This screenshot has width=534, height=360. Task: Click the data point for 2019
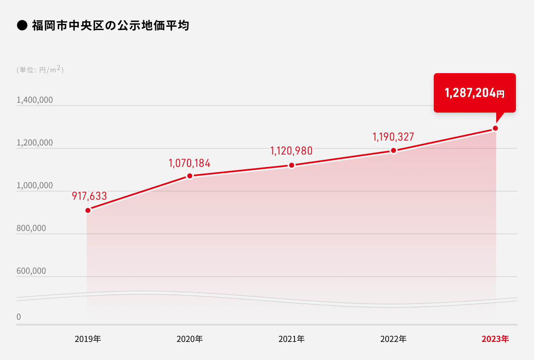(88, 210)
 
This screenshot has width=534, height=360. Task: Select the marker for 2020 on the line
(190, 176)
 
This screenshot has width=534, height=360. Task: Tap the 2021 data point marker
(292, 165)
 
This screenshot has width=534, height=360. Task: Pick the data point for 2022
(394, 150)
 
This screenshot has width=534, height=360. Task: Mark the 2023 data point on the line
(495, 128)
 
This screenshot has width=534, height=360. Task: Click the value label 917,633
(90, 196)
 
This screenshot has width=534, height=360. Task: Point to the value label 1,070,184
(189, 163)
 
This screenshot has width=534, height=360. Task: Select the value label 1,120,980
(291, 151)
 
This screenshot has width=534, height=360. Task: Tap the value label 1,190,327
(393, 136)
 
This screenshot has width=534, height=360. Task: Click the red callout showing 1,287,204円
(474, 93)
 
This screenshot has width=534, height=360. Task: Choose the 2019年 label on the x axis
(88, 339)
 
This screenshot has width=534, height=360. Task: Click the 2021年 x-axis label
(292, 339)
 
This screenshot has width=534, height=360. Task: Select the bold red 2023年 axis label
(495, 339)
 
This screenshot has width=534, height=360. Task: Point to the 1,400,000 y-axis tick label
(35, 100)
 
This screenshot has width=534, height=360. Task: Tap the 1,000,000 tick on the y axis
(35, 185)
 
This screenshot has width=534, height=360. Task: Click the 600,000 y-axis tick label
(31, 271)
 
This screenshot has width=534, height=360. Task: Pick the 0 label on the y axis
(19, 317)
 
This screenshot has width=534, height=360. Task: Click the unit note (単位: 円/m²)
(40, 70)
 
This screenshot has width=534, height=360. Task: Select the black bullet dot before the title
(21, 26)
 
